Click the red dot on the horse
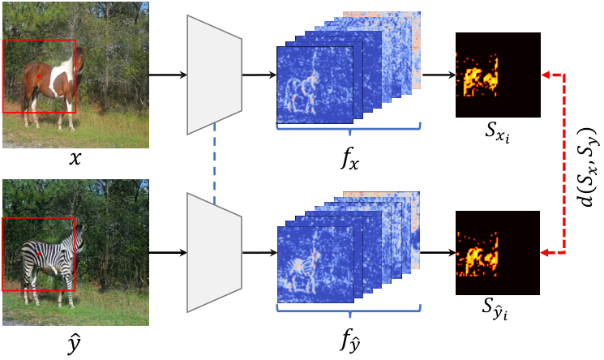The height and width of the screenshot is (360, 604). (39, 76)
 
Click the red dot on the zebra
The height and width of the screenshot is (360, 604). (39, 255)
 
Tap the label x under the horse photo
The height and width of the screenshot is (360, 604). (75, 158)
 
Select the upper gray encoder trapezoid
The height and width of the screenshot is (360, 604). (214, 75)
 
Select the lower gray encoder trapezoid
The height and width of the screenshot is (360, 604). (214, 252)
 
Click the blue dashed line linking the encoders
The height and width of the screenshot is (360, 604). (215, 164)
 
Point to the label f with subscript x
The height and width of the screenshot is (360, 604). (349, 157)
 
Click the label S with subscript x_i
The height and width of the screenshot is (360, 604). (497, 133)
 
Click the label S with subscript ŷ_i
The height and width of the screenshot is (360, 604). (495, 309)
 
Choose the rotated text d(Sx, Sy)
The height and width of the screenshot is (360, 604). (589, 166)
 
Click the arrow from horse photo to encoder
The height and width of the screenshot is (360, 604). (168, 75)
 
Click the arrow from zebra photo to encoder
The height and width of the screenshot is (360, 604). (168, 253)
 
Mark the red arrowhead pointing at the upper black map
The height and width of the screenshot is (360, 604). (546, 75)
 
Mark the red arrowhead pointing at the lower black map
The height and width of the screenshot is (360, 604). (546, 253)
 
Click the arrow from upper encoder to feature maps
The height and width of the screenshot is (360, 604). (259, 75)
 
